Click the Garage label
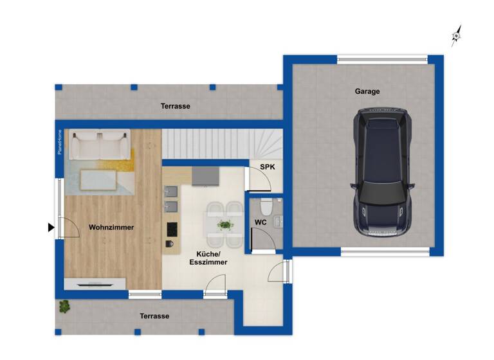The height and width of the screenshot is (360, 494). [x=367, y=91]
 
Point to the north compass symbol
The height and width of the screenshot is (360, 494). [x=456, y=36]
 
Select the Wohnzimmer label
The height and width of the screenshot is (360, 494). [x=112, y=227]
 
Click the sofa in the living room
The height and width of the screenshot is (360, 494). [x=99, y=145]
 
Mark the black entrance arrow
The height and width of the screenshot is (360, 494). [x=51, y=227]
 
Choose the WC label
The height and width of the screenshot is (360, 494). [x=261, y=222]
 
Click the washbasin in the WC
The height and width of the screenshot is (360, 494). [x=278, y=222]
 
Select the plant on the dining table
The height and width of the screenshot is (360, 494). [x=224, y=225]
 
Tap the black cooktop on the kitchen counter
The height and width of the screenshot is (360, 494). [x=172, y=229]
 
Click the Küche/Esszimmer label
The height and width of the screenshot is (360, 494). [x=208, y=258]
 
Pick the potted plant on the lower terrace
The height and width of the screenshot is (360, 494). [x=64, y=306]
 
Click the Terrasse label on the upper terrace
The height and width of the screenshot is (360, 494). [x=175, y=106]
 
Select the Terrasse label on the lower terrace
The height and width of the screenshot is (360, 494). [x=154, y=316]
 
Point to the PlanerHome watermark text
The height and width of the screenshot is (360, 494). [x=59, y=142]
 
